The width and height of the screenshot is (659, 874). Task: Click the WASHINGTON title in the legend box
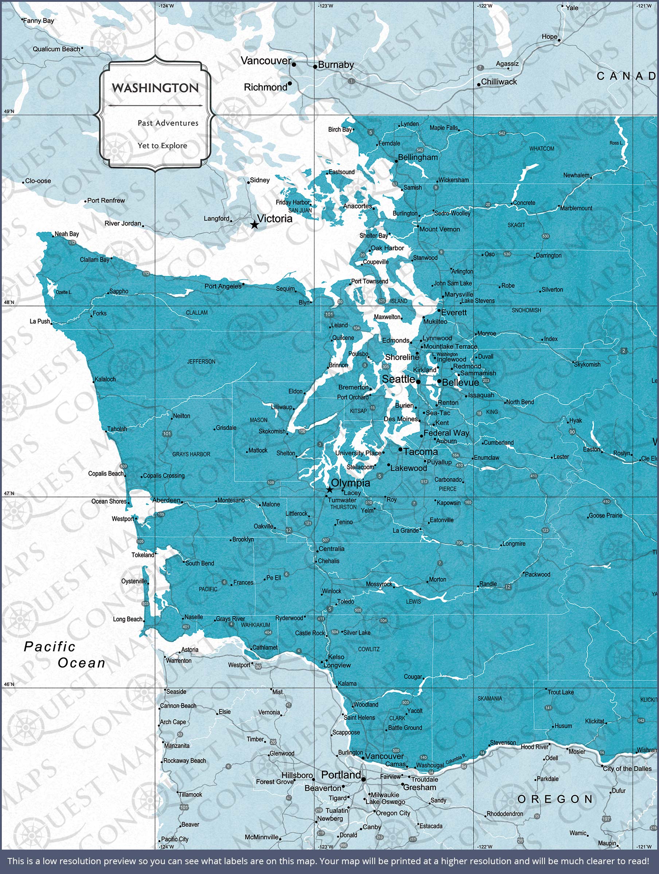[155, 88]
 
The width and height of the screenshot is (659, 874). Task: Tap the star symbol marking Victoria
[254, 225]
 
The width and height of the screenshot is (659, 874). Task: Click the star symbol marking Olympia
[329, 490]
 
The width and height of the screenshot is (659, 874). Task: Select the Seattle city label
[398, 379]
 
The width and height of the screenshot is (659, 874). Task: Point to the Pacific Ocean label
[65, 655]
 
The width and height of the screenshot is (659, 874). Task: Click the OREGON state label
[555, 799]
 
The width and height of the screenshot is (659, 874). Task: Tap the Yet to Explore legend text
[162, 145]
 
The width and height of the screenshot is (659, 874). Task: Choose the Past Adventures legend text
[168, 123]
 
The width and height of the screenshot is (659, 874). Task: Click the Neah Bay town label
[66, 234]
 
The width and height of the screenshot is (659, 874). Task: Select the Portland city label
[340, 775]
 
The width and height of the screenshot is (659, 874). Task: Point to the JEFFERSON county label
[201, 362]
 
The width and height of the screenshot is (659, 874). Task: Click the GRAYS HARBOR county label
[191, 454]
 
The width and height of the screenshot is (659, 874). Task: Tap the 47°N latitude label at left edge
[9, 493]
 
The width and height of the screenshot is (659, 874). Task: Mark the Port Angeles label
[223, 286]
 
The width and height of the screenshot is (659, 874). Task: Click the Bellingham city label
[418, 157]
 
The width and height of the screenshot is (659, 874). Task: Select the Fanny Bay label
[38, 20]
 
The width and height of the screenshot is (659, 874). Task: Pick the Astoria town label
[190, 650]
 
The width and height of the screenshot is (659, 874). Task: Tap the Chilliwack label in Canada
[499, 82]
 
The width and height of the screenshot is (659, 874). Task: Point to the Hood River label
[534, 747]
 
